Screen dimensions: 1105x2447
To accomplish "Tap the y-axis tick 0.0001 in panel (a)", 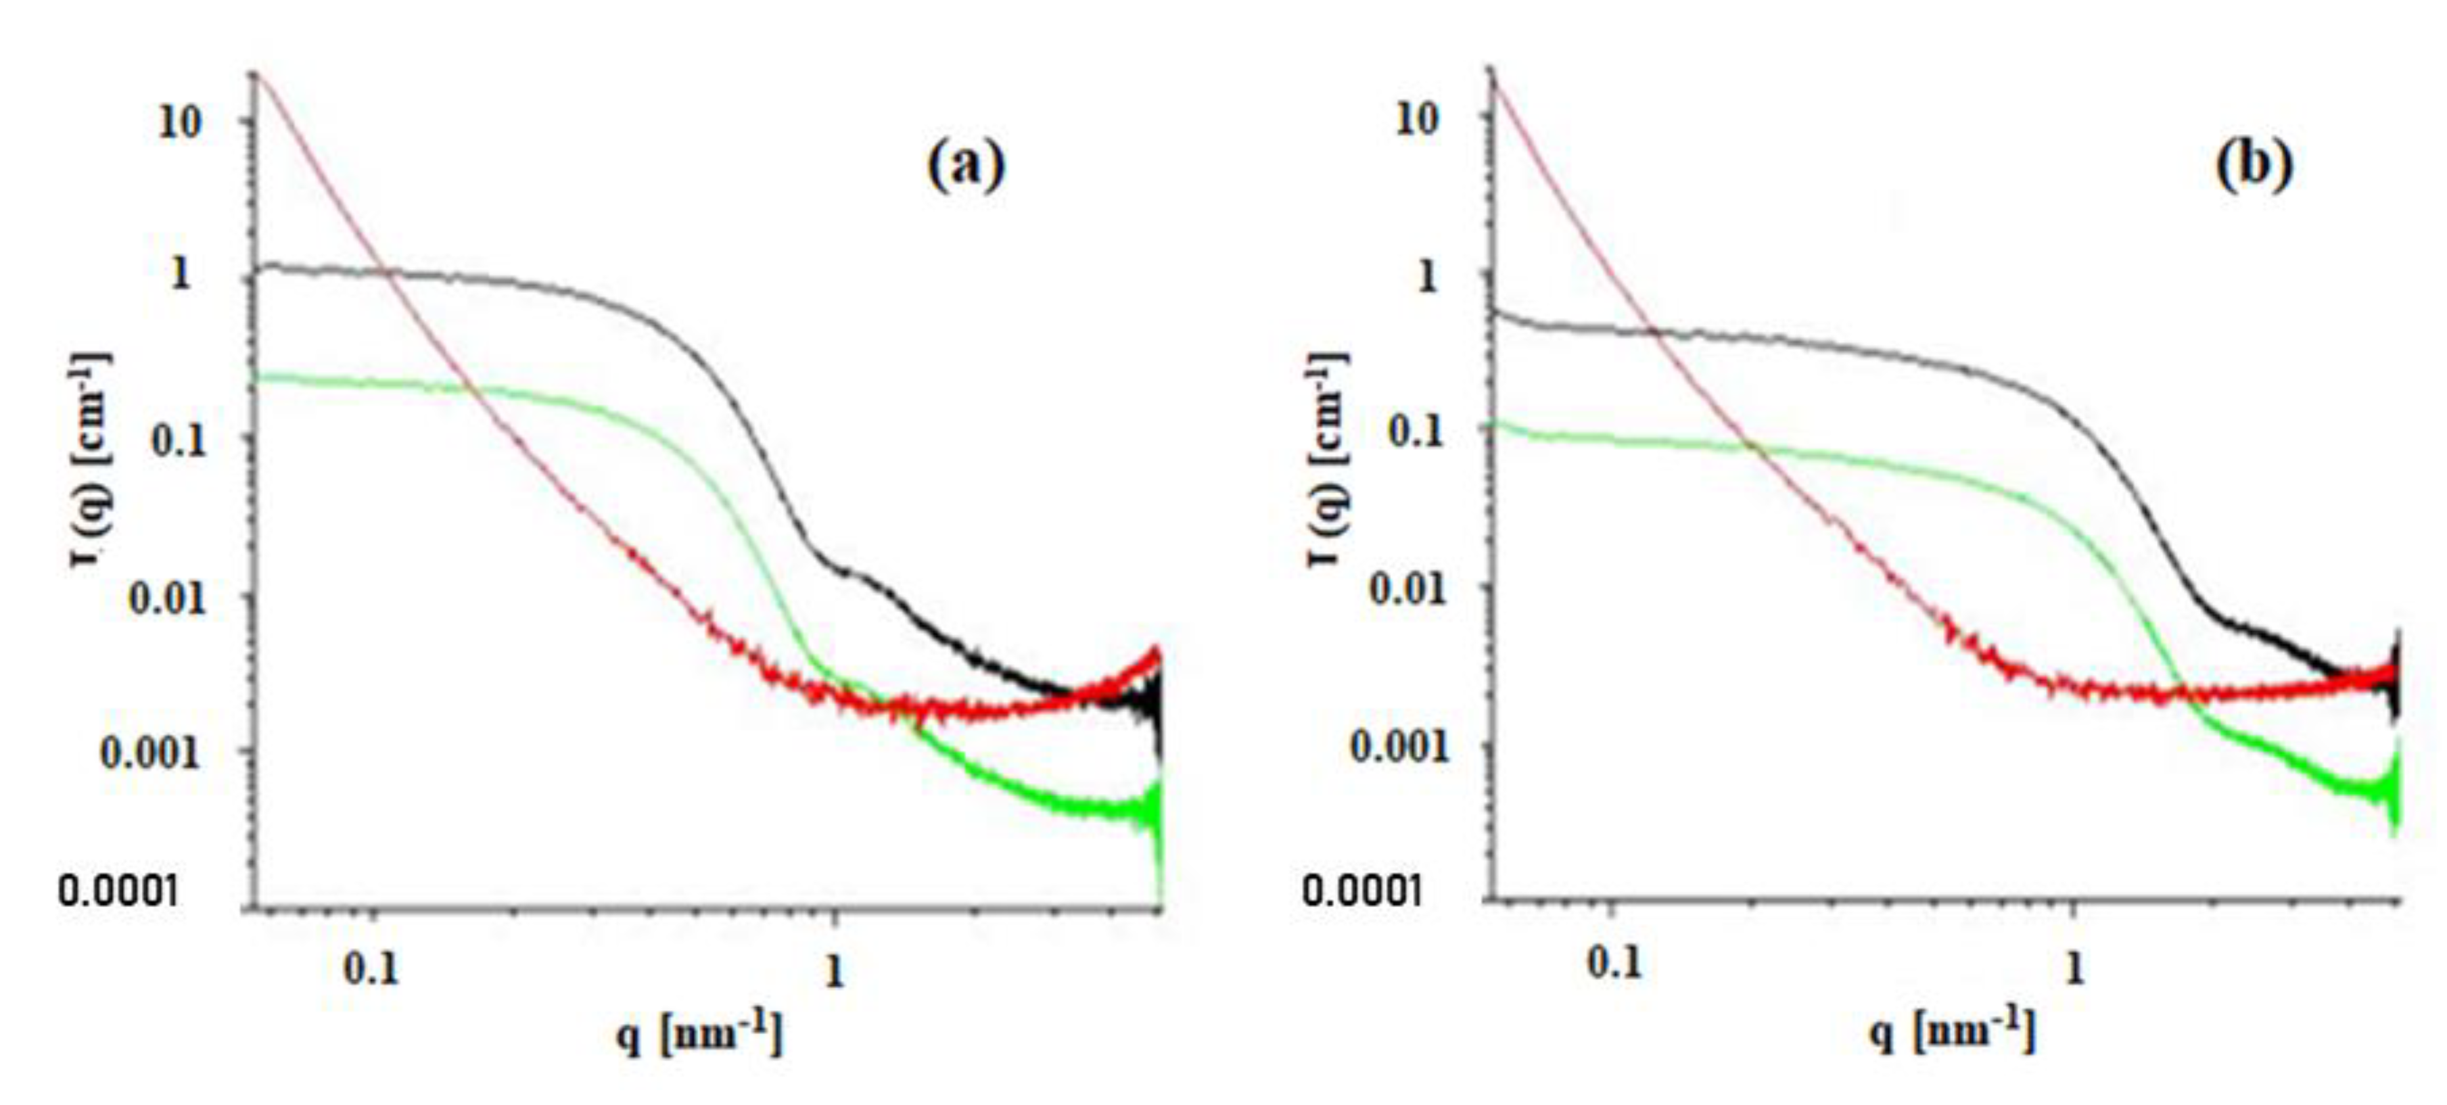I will (x=119, y=891).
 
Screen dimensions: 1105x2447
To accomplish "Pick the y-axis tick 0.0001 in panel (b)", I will (x=1361, y=891).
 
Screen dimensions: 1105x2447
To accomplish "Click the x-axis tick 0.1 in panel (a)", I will (x=371, y=969).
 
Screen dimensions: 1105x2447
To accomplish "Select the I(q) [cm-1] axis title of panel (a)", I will (x=89, y=461).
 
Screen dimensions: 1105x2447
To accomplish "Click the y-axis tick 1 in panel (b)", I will (x=1426, y=277).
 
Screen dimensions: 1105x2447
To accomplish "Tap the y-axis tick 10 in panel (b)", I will (x=1416, y=120).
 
